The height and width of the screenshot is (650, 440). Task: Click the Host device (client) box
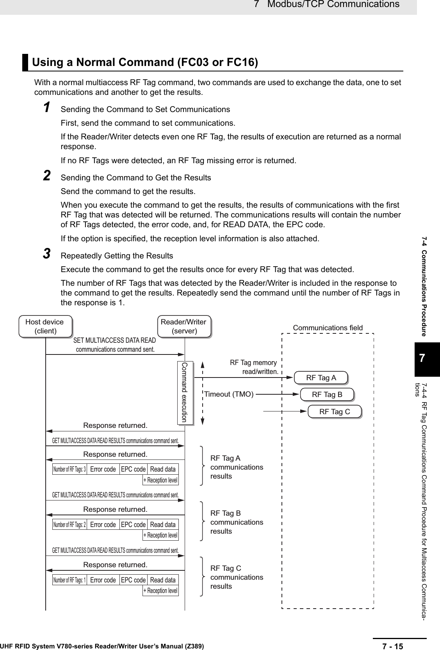45,326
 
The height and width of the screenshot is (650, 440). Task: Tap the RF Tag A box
321,378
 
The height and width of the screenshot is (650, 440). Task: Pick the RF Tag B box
327,394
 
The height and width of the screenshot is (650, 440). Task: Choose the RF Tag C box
335,411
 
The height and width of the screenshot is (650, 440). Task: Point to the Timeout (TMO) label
229,394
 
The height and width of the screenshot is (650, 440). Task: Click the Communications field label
328,328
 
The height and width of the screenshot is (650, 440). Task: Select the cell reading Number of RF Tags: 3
69,469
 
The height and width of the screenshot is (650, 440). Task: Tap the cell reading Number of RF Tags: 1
69,580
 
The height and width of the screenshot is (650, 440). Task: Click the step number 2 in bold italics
46,176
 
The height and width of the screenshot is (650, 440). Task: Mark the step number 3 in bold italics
46,254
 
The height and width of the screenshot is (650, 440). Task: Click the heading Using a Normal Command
145,62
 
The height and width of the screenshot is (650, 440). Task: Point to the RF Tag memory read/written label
254,367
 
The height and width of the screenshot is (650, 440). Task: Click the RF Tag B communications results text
237,522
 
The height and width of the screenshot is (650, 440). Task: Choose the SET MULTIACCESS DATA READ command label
115,345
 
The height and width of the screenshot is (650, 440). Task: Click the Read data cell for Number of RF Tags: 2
163,525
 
